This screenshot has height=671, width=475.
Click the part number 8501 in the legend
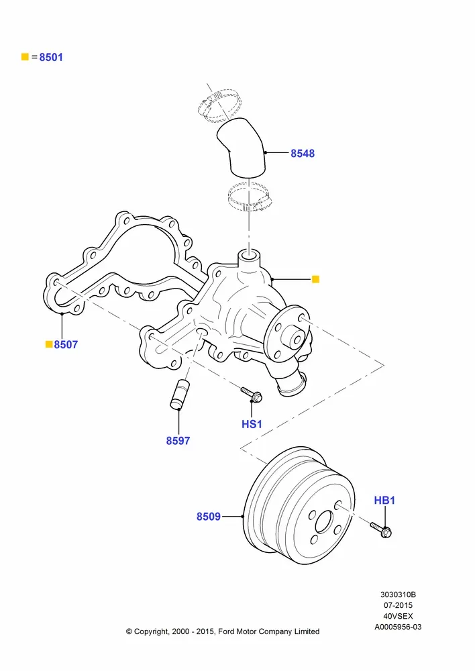(51, 57)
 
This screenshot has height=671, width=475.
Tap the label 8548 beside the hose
(303, 153)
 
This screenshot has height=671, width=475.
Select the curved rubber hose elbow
(242, 148)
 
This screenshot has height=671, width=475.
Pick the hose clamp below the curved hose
(249, 198)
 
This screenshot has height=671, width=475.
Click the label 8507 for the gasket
(66, 344)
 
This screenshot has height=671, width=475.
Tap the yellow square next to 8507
(49, 344)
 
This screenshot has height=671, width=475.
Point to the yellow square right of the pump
(315, 279)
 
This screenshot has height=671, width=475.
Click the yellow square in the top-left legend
(25, 57)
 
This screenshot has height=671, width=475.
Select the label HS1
(252, 424)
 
